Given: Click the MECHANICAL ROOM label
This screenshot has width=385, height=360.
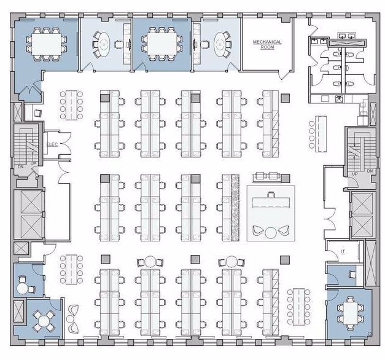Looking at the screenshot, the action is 267,44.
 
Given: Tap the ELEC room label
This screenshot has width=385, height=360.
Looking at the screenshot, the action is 52,144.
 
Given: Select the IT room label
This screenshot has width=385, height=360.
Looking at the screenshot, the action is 343,252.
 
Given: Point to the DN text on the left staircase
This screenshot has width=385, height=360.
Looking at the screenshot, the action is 21,166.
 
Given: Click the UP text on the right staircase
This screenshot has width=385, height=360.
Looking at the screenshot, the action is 355,174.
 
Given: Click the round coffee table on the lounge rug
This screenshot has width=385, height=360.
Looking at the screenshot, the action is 271,232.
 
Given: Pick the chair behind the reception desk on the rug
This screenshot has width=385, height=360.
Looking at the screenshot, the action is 271,195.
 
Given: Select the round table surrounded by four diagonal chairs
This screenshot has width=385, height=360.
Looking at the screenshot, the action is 44,321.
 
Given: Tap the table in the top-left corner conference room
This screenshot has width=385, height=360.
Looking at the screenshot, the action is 47,44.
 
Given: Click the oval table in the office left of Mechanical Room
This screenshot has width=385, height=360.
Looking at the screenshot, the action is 104,44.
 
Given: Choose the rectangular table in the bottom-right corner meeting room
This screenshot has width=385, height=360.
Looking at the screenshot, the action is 350,313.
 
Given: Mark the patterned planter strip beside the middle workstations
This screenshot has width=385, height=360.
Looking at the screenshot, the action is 235,207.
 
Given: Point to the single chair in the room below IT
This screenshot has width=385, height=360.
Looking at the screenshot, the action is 353,275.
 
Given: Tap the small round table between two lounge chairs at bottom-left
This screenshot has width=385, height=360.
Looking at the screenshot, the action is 70,319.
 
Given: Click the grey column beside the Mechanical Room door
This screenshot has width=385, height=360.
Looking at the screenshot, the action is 286,98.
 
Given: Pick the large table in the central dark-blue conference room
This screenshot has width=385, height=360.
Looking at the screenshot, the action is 162,44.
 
